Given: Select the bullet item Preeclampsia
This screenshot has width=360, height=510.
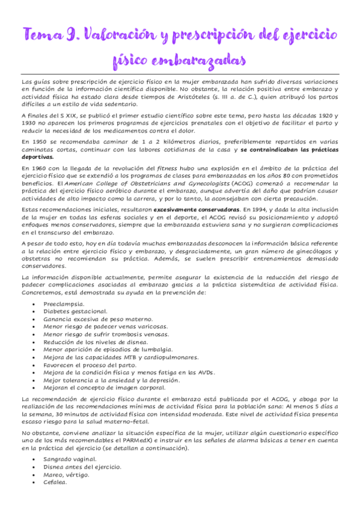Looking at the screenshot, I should [x=63, y=303].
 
